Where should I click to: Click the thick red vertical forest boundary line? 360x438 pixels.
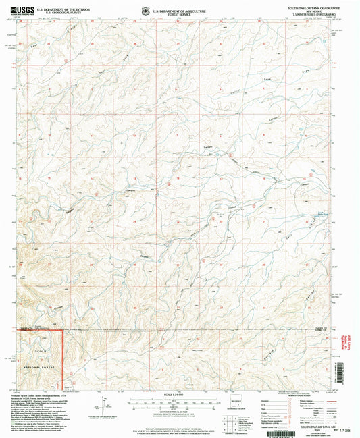point(64,358)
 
